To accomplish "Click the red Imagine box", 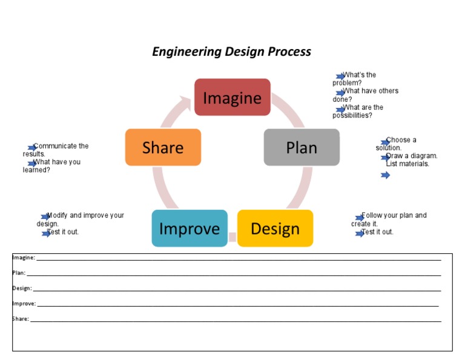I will coord(232,97).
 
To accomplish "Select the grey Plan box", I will coord(302,147).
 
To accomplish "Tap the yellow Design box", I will coord(275,228).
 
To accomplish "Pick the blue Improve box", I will coord(190,228).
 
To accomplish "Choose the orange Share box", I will coord(163,147).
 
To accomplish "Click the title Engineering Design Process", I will coord(231,52).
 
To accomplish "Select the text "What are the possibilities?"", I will coord(358,112).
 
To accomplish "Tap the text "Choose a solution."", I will coord(397,144).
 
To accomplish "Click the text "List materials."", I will coord(407,164).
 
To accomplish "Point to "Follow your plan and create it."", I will coord(389,219).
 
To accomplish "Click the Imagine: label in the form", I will coord(24,258).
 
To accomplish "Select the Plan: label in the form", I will coord(19,273).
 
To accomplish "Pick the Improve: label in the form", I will coord(24,303).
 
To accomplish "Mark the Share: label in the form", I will coord(21,318).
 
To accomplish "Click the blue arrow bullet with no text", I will coord(385,175).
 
